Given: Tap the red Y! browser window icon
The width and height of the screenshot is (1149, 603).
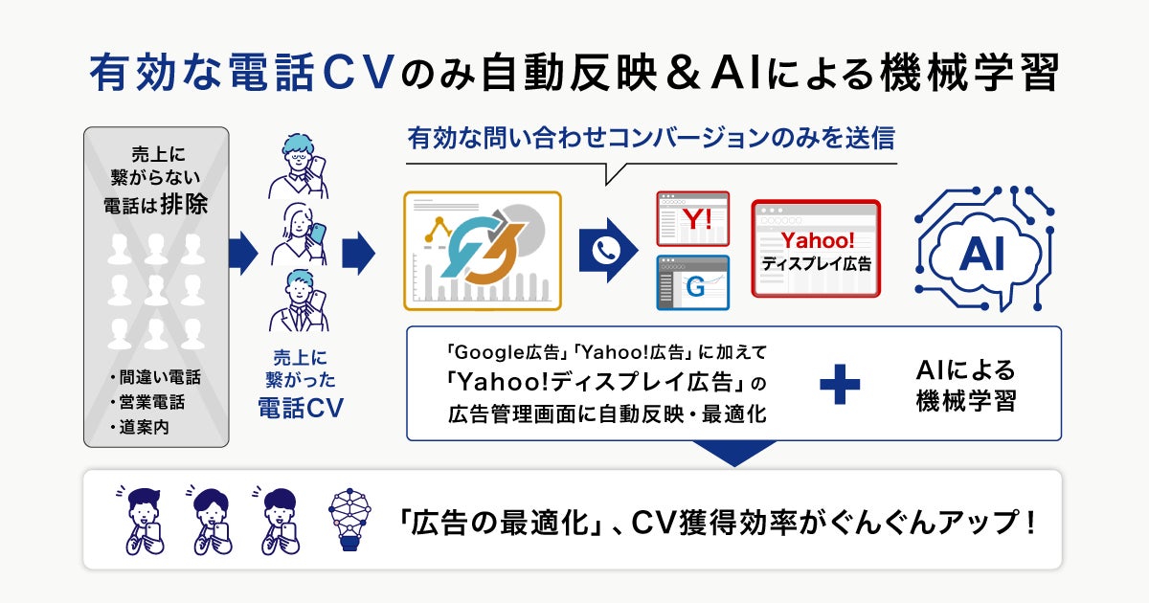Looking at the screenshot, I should click(692, 219).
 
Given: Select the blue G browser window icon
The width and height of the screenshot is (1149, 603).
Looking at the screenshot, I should click(692, 282).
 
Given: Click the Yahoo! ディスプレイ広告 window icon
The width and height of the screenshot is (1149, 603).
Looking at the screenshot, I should click(815, 248).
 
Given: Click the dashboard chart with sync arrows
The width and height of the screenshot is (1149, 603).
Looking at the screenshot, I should click(483, 251).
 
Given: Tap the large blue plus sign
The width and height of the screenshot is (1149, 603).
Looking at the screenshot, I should click(840, 384).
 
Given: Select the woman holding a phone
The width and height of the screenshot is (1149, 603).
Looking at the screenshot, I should click(299, 233).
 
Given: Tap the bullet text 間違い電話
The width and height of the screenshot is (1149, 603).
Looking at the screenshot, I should click(159, 377).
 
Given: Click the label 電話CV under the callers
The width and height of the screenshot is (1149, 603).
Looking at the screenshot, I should click(300, 409).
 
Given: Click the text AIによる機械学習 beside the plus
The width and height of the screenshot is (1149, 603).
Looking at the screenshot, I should click(964, 385).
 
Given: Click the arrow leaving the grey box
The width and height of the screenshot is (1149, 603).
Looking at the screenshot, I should click(243, 254).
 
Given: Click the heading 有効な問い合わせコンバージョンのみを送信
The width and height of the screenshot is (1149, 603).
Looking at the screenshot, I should click(650, 139).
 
